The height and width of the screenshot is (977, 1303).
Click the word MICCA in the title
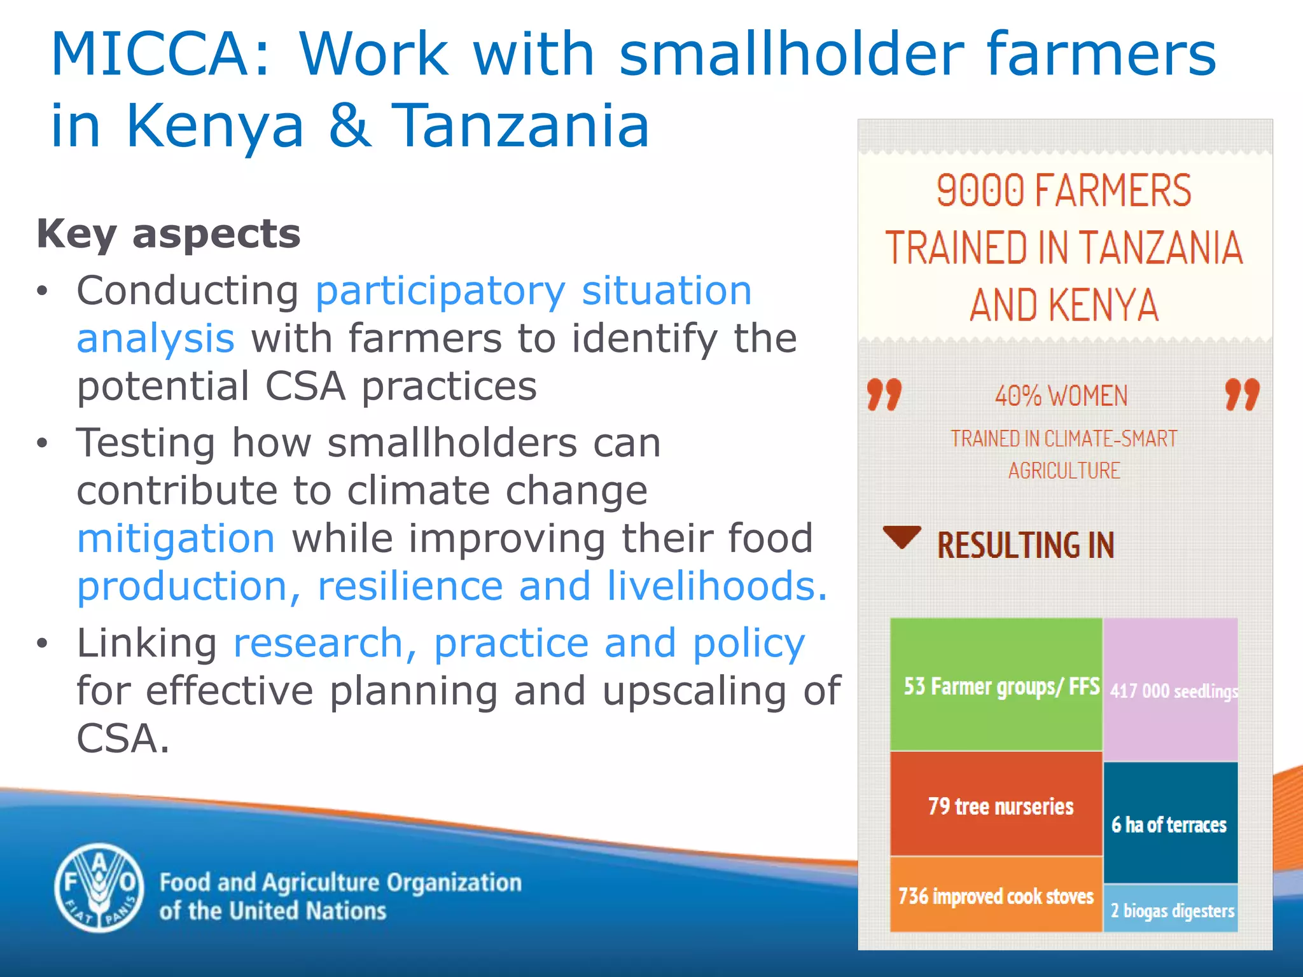pos(150,55)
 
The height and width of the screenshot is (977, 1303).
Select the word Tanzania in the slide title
pos(520,126)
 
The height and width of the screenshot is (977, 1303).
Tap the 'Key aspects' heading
pos(169,234)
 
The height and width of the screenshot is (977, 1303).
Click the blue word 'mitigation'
pos(176,538)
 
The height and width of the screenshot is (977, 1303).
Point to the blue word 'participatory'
pos(440,291)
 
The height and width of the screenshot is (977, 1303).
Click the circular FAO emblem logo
pos(99,888)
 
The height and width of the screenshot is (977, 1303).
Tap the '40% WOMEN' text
pos(1061,396)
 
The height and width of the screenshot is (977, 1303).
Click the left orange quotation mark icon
pos(884,394)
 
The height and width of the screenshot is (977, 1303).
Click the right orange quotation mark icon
pos(1242,394)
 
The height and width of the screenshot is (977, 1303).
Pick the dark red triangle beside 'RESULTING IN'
pos(902,537)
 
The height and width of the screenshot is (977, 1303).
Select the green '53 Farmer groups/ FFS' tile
pos(996,684)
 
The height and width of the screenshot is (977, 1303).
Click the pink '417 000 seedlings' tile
pos(1171,689)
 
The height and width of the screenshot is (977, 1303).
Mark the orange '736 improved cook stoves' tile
pos(996,896)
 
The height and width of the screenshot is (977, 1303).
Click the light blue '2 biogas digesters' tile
pos(1171,910)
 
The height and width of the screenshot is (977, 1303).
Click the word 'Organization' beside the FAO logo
pos(454,883)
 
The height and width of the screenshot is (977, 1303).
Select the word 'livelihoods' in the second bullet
pos(711,586)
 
